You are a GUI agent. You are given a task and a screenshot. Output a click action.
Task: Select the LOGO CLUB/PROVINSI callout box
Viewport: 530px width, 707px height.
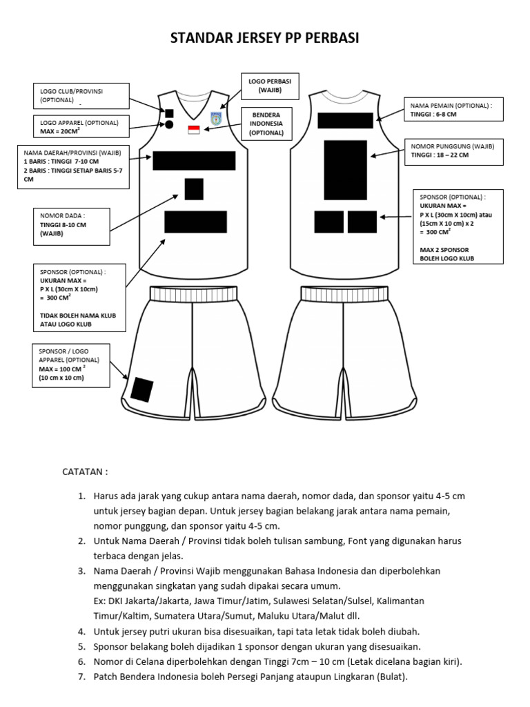(x=81, y=96)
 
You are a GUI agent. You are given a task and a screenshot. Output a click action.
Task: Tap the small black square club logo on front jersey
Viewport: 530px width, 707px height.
(x=169, y=113)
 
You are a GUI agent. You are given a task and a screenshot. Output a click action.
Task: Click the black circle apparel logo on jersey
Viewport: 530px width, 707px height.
(x=169, y=124)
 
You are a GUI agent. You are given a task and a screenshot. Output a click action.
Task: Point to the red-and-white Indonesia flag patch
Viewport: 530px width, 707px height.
(x=194, y=130)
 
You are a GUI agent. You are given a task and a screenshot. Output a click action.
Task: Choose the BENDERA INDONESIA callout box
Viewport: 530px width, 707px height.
(x=266, y=123)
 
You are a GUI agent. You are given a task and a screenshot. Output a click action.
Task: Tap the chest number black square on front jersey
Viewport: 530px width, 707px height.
(x=194, y=188)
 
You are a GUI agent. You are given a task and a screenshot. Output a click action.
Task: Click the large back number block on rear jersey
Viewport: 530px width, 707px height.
(x=345, y=170)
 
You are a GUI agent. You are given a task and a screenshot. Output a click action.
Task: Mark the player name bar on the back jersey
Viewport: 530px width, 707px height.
(x=345, y=121)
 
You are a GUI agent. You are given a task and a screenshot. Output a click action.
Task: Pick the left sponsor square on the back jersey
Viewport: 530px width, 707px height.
(x=329, y=222)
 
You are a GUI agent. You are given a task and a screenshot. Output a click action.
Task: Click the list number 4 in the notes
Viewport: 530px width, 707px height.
(x=81, y=631)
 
